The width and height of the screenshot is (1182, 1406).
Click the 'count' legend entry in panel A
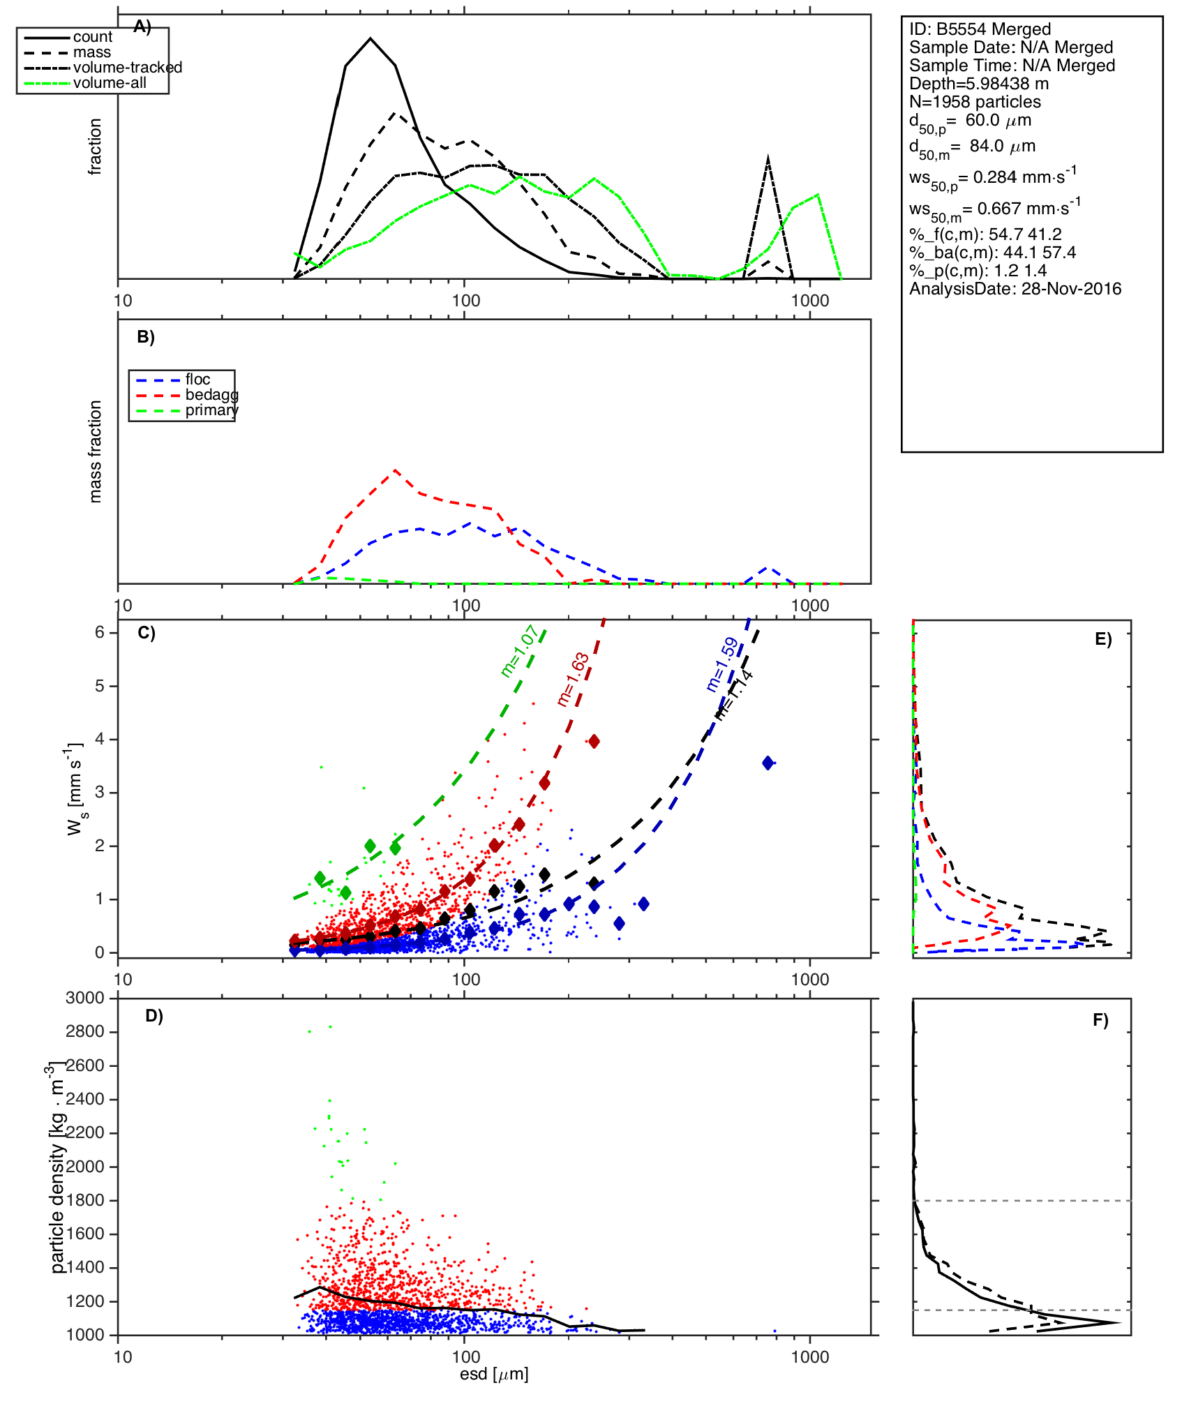coord(92,37)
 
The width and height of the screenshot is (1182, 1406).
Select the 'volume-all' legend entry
coord(110,83)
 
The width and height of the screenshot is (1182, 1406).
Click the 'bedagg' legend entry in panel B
coord(211,395)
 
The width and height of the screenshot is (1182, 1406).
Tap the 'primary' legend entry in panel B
coord(211,410)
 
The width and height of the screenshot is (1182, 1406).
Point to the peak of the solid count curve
coord(371,38)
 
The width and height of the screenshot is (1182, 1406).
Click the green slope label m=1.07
coord(519,651)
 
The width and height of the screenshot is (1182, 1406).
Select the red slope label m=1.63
coord(574,680)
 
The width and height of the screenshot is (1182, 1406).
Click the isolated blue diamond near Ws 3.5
coord(768,763)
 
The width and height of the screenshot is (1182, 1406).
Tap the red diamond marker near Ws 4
coord(594,741)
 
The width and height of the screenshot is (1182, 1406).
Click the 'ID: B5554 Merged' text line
coord(980,29)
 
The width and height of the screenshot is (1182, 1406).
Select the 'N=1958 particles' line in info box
coord(975,102)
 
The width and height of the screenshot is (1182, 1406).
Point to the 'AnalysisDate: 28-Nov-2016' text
coord(1015,289)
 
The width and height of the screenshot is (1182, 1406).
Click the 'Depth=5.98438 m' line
coord(979,84)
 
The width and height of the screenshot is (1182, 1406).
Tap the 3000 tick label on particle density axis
coord(85,999)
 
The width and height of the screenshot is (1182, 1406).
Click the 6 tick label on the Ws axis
coord(100,632)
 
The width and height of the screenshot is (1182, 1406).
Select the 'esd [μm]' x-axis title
coord(494,1375)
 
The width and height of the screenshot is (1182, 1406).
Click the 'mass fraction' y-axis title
coord(96,451)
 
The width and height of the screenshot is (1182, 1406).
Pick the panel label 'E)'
coord(1103,640)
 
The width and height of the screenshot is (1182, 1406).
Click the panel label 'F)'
coord(1100,1021)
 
